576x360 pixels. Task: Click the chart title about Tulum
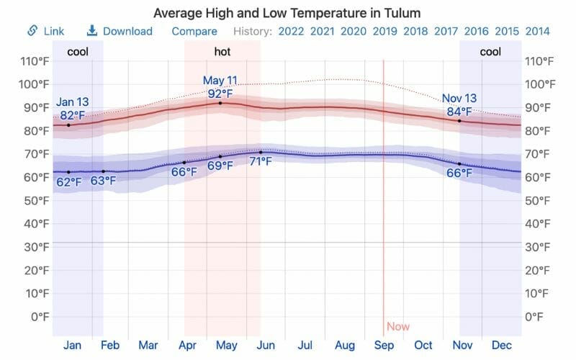pos(287,14)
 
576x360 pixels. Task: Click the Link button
pos(46,31)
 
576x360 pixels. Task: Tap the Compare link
pos(194,31)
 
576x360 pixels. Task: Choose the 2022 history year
pos(290,31)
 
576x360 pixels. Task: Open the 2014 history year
pos(539,31)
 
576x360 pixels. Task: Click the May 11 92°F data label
pos(220,87)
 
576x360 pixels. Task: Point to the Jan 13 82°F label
pos(72,108)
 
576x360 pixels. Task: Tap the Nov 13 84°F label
pos(459,104)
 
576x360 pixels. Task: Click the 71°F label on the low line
pos(260,161)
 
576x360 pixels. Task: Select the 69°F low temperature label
pos(220,166)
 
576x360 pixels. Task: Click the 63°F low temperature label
pos(103,180)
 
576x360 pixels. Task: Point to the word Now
pos(397,326)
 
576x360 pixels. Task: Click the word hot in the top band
pos(222,52)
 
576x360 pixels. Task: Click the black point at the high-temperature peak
pos(220,104)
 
